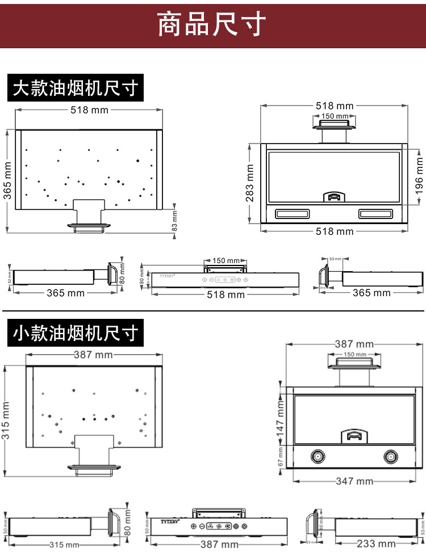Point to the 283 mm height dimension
(x=250, y=183)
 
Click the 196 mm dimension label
(x=419, y=175)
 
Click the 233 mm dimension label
(x=376, y=544)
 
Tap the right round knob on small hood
(x=390, y=457)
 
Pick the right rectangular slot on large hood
(x=375, y=214)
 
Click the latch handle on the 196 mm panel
(x=333, y=197)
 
